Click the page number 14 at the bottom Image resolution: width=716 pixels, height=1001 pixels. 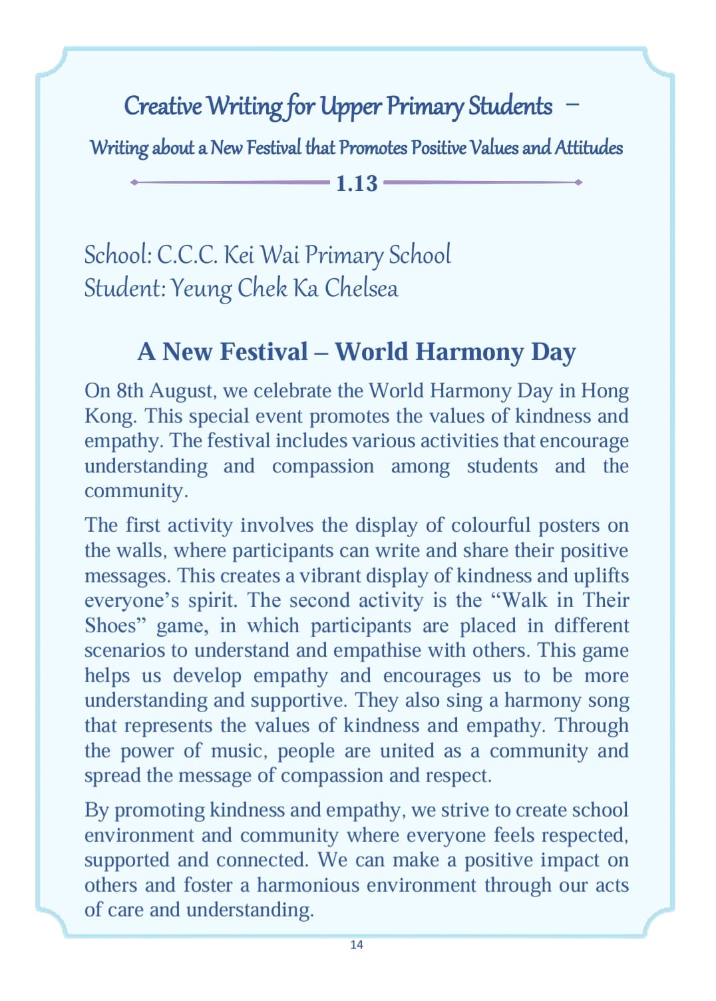[x=357, y=944]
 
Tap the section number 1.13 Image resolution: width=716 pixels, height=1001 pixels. [x=357, y=183]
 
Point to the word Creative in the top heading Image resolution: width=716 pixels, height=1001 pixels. [x=163, y=106]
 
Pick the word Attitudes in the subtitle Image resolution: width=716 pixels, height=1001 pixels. [x=589, y=148]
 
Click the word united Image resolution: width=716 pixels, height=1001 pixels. [x=407, y=751]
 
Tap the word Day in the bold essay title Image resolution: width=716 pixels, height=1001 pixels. [x=553, y=352]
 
